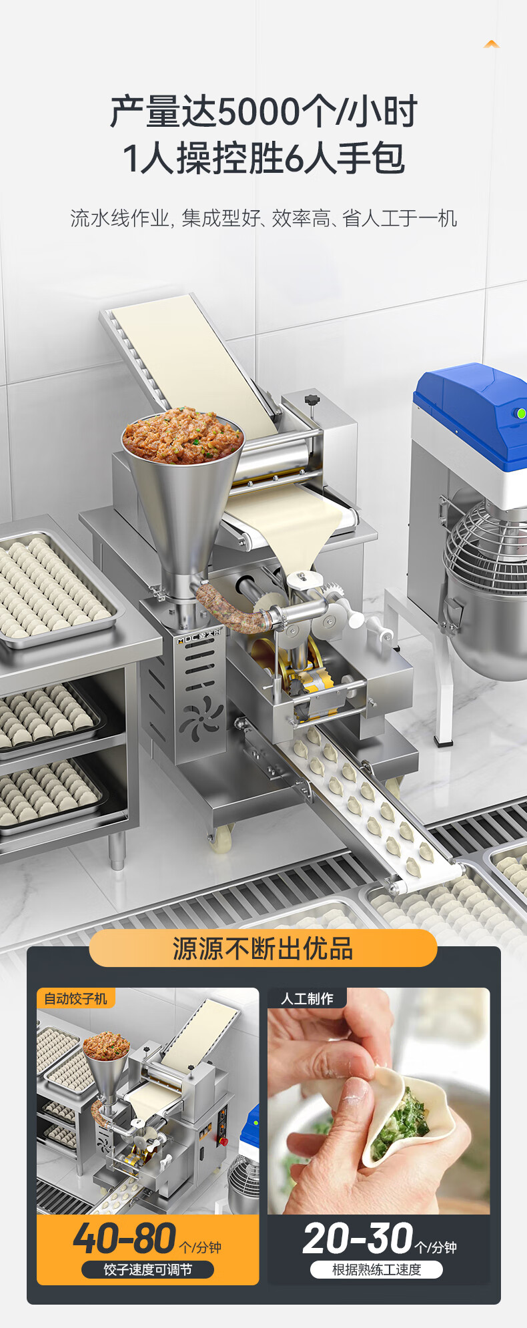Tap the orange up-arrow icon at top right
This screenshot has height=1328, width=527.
(492, 44)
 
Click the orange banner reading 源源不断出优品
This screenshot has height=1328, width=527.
(263, 948)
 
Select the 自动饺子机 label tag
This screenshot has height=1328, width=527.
(75, 998)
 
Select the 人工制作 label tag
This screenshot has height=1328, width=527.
(307, 998)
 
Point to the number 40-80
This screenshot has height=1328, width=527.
(125, 1239)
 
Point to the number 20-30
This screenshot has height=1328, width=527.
(358, 1239)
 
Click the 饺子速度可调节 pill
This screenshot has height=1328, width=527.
(147, 1269)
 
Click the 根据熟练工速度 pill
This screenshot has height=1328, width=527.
(376, 1269)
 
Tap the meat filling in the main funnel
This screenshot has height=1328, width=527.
(182, 435)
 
